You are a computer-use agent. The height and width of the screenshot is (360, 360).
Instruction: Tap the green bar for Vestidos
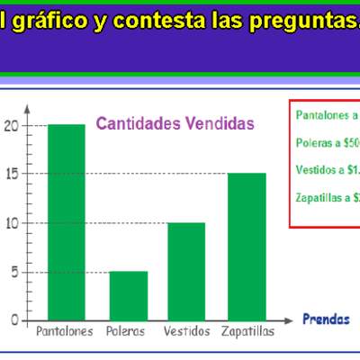pos(186,271)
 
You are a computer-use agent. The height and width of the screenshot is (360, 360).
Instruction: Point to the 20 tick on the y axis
pos(11,125)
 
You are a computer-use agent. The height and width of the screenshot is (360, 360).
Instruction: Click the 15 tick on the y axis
pos(11,174)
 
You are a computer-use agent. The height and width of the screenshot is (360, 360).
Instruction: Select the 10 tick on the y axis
pos(11,222)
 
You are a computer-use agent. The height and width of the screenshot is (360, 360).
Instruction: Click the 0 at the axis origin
pos(13,320)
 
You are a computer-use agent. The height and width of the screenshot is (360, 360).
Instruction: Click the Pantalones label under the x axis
pos(64,332)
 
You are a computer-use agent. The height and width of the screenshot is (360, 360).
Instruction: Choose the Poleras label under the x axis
pos(125,332)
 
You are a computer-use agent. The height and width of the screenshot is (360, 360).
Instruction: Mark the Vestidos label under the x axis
pos(187,332)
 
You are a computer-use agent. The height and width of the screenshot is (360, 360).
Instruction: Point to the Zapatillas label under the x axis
pos(247,332)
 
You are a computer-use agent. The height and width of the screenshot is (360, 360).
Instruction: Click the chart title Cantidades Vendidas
pos(175,122)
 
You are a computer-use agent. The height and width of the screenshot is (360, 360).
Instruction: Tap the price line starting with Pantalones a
pos(327,115)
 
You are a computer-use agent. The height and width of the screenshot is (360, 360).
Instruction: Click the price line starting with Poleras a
pos(327,142)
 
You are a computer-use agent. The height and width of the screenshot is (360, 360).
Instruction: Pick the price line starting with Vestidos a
pos(327,169)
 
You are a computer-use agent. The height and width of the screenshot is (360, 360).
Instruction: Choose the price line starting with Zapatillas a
pos(327,197)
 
